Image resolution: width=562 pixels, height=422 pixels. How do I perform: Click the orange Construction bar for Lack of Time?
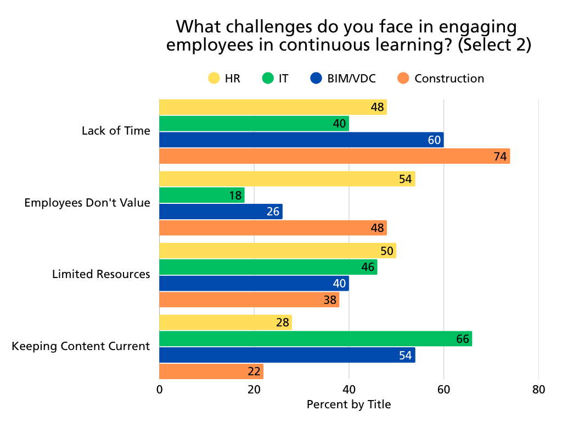pos(334,157)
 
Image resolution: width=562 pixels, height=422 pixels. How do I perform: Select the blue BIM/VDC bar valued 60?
pos(301,140)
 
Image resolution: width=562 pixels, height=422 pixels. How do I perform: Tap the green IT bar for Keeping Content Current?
pos(316,339)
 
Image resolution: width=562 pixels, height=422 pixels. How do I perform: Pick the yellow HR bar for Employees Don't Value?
pos(287,179)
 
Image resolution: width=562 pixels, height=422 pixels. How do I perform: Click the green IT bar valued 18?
pos(201,196)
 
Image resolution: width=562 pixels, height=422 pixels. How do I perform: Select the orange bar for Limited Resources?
pos(249,300)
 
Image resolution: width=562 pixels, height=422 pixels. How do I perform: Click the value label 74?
pos(499,157)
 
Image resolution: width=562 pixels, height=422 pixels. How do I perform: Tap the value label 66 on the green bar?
pos(463,339)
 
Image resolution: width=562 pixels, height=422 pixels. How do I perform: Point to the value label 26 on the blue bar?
pos(273,212)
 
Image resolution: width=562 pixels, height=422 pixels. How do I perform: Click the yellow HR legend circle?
pos(214,79)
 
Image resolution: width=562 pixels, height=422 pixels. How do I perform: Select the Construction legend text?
pos(449,79)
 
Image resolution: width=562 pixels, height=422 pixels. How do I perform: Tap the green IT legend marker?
pos(267,79)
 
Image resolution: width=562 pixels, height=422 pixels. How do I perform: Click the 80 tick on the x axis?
pos(538,390)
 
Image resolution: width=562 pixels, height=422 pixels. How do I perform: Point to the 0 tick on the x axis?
pos(159,390)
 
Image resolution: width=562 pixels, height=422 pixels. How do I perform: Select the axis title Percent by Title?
pos(349,405)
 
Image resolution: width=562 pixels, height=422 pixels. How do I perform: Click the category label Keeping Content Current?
pos(81,346)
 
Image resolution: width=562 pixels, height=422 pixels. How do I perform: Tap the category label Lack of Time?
pos(116,131)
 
